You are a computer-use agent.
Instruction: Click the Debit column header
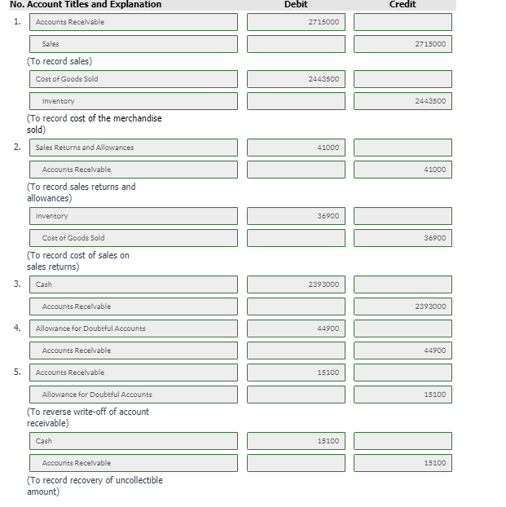(x=296, y=5)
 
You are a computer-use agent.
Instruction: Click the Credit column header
(x=403, y=5)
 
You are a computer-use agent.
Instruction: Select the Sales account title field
(x=134, y=44)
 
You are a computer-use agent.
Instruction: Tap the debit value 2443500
(x=296, y=79)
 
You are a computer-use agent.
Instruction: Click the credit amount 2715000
(x=403, y=44)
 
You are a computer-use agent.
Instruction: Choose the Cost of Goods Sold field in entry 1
(x=134, y=79)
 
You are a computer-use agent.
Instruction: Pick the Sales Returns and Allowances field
(x=134, y=148)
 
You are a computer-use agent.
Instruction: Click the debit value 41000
(x=296, y=148)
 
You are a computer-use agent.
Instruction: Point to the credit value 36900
(x=403, y=238)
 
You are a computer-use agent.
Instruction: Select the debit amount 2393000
(x=296, y=284)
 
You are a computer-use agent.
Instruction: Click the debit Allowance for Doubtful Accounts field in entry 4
(x=134, y=328)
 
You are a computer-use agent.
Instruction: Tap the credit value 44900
(x=403, y=350)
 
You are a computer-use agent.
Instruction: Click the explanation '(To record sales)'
(x=59, y=61)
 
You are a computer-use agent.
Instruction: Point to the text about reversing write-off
(x=88, y=417)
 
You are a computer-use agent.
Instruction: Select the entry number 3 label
(x=17, y=284)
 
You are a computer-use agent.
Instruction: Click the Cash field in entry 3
(x=134, y=284)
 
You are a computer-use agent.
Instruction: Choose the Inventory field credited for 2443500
(x=134, y=101)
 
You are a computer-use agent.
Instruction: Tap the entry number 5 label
(x=17, y=372)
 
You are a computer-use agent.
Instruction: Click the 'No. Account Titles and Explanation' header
(x=86, y=5)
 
